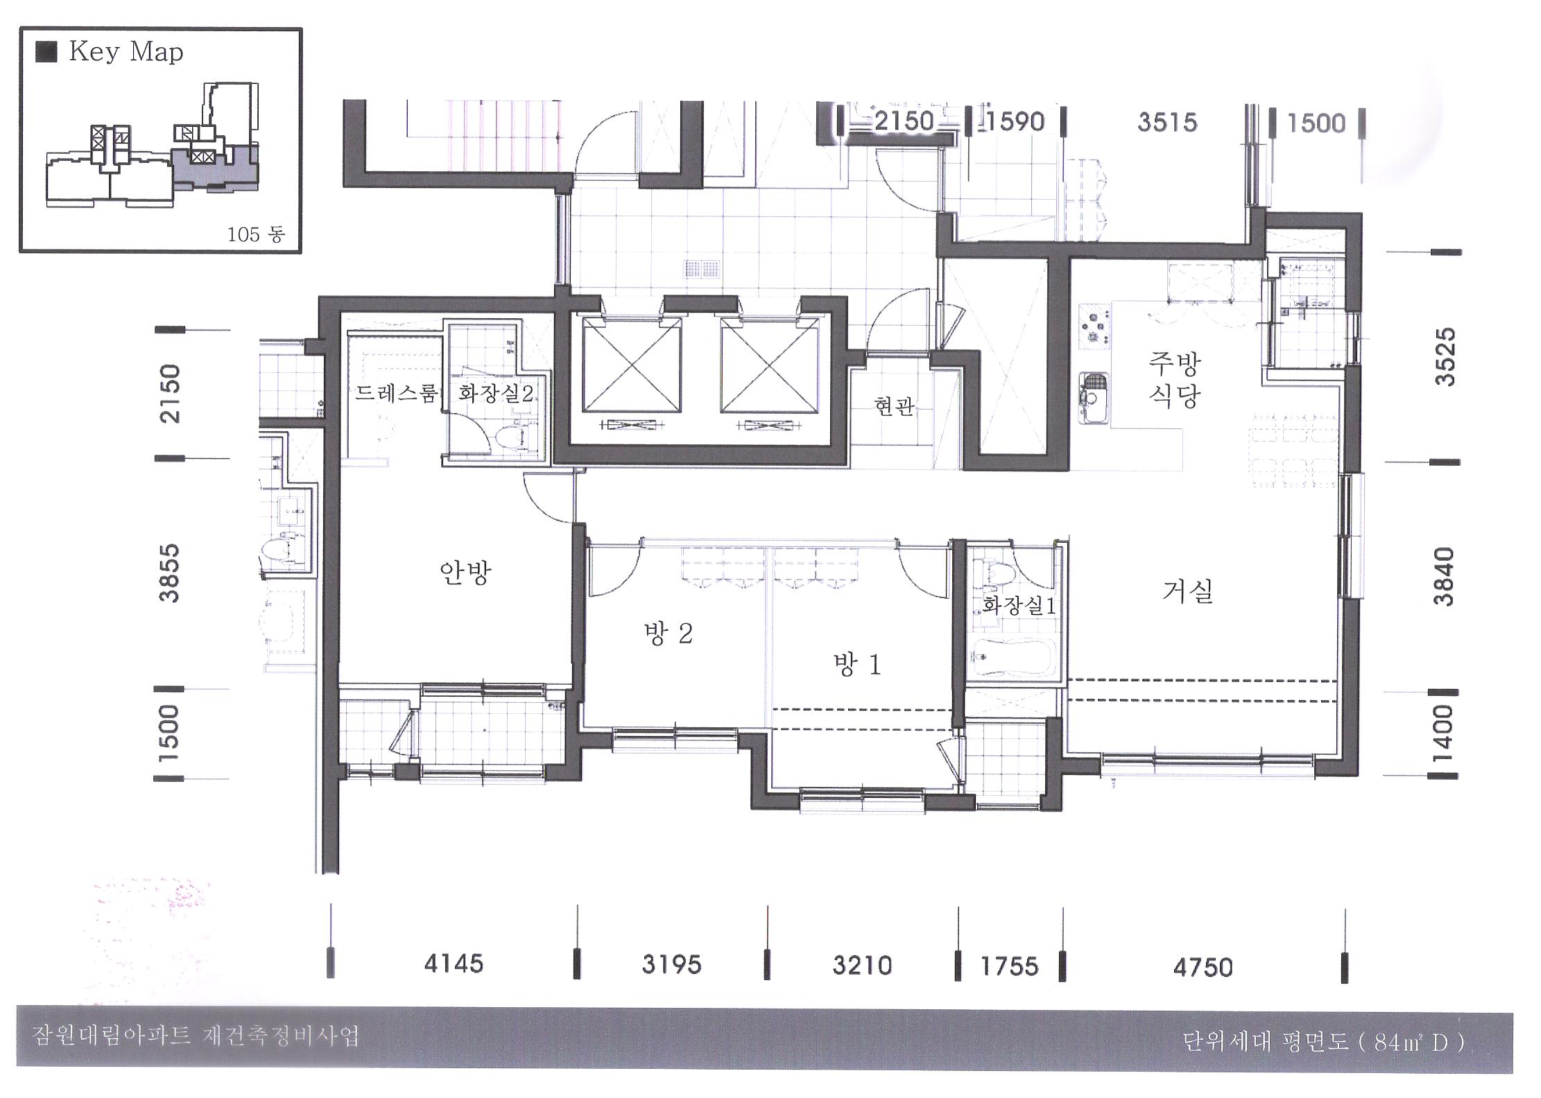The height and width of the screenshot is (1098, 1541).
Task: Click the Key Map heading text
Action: [126, 53]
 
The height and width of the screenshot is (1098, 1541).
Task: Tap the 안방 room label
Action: [465, 573]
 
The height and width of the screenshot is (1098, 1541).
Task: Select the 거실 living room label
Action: [1187, 591]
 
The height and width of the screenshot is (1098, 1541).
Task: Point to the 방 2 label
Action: [668, 634]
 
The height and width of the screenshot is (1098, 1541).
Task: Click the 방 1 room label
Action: [857, 665]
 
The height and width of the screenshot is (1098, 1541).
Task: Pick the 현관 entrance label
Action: [895, 406]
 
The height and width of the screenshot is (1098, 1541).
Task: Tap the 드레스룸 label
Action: [396, 394]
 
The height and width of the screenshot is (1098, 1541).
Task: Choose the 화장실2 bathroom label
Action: [496, 394]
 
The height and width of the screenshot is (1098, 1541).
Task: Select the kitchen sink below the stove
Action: [1094, 398]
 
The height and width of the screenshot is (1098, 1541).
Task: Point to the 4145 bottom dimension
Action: [454, 964]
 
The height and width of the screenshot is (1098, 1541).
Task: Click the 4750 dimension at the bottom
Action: [1203, 967]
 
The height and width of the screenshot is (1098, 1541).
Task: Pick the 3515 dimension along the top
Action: [1167, 123]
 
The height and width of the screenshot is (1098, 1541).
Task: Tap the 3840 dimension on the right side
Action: [1444, 576]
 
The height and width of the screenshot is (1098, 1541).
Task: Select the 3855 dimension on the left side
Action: [169, 573]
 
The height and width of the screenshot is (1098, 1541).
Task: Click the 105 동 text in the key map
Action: [256, 234]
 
